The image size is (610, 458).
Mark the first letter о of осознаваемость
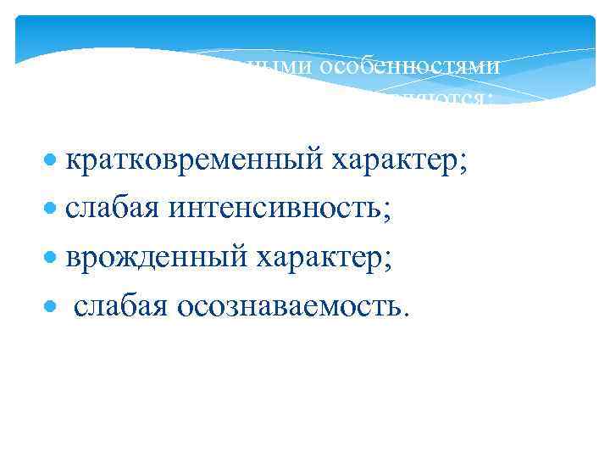(184, 306)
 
